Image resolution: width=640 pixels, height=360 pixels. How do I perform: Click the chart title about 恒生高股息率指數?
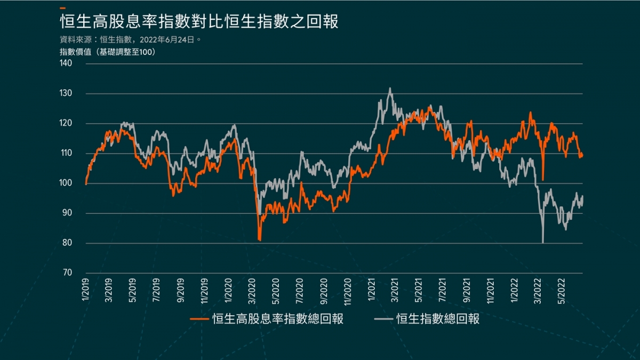(x=199, y=22)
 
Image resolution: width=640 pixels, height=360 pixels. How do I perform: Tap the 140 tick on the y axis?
(x=66, y=63)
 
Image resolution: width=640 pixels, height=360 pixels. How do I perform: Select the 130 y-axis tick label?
(x=66, y=94)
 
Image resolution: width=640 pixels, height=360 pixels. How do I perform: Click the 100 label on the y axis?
(x=66, y=183)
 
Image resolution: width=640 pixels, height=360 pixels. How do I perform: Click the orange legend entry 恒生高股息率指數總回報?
(x=267, y=319)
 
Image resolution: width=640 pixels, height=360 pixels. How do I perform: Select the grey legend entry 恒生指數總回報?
(x=427, y=319)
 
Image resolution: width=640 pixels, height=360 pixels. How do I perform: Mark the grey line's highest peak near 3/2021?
(x=390, y=89)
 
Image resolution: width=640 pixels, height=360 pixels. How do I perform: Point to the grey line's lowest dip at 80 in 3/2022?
(x=543, y=243)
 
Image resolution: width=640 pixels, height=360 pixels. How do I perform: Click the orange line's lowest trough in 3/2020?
(x=260, y=241)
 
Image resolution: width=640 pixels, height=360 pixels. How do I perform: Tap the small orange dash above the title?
(x=63, y=8)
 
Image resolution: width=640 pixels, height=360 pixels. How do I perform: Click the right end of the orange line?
(x=582, y=155)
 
